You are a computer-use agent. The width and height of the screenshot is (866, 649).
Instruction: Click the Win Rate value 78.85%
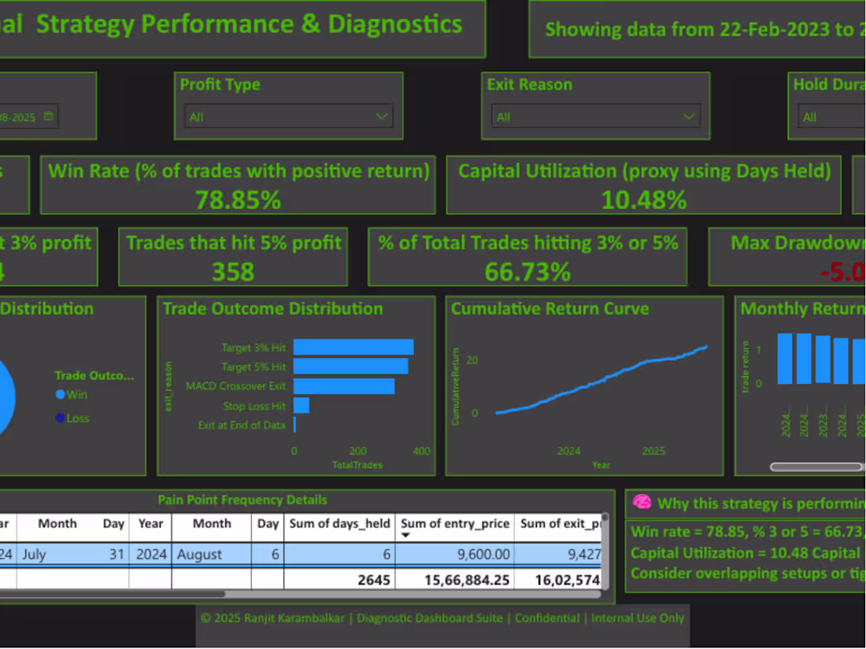(x=238, y=200)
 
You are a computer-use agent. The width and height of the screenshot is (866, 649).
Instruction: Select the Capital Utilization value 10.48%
(x=644, y=200)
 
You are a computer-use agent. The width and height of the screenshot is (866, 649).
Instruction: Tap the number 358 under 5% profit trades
(x=233, y=271)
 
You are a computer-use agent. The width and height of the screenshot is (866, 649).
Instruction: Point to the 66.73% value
(x=527, y=272)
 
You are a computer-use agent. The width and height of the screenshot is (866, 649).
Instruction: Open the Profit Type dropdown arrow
(x=383, y=116)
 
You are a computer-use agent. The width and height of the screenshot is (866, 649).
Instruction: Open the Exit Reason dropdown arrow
(x=690, y=116)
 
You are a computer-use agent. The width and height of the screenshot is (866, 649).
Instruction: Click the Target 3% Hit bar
(x=353, y=347)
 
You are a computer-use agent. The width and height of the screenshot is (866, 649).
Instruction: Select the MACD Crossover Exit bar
(x=344, y=386)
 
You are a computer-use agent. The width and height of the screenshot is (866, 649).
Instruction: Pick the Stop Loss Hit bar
(x=301, y=405)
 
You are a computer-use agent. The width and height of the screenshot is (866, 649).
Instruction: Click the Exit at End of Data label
(x=242, y=425)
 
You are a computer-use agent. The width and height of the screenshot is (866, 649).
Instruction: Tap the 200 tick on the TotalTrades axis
(x=357, y=451)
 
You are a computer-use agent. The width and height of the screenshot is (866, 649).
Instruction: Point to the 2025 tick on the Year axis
(x=653, y=451)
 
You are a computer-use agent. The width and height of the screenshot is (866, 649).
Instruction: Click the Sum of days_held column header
(x=339, y=523)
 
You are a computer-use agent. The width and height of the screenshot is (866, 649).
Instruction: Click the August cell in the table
(x=199, y=554)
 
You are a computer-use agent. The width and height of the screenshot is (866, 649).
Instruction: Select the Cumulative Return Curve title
(x=550, y=308)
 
